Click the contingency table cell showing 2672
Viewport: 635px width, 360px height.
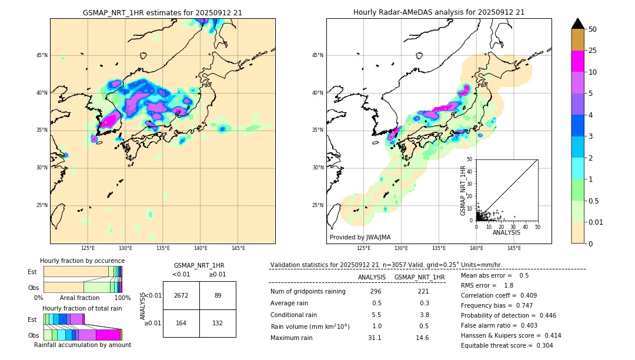(x=181, y=295)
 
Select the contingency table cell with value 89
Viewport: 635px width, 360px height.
(x=218, y=295)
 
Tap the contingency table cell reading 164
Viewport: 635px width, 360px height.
(x=181, y=323)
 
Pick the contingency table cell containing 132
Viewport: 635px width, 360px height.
(x=218, y=323)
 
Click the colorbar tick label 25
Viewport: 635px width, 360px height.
(x=593, y=51)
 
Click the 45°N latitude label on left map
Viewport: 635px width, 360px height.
(x=42, y=55)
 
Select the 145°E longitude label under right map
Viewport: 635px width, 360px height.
(x=514, y=248)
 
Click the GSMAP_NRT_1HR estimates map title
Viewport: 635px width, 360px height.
(x=162, y=12)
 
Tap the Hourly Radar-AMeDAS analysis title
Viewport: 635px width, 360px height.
(x=439, y=12)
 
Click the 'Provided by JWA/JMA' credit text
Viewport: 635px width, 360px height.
(x=360, y=237)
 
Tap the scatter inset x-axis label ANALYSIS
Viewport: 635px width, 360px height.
(x=506, y=233)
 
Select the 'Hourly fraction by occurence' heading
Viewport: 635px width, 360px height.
(x=82, y=261)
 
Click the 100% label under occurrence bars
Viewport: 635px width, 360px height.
(x=122, y=298)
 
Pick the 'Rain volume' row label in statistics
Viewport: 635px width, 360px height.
(x=310, y=326)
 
